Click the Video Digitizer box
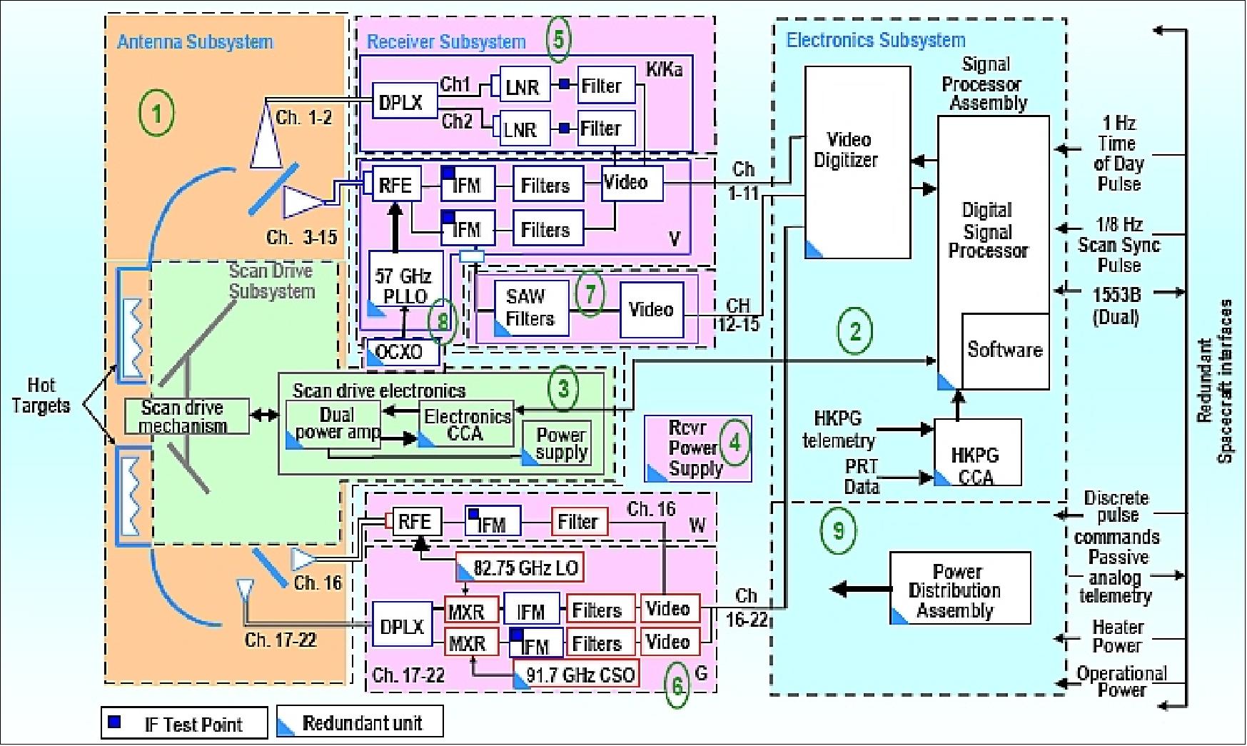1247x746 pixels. point(857,162)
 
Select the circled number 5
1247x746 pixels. point(559,39)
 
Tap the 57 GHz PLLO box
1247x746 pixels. point(404,285)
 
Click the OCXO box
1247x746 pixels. point(401,352)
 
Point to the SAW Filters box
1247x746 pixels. point(530,308)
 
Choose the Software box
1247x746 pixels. point(1005,350)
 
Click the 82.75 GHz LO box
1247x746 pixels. point(520,568)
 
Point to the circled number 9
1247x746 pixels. point(838,530)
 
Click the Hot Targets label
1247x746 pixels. point(41,396)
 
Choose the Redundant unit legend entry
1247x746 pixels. point(360,722)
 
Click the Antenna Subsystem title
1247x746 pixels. point(195,42)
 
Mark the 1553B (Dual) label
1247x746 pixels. point(1116,305)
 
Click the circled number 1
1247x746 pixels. point(156,113)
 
